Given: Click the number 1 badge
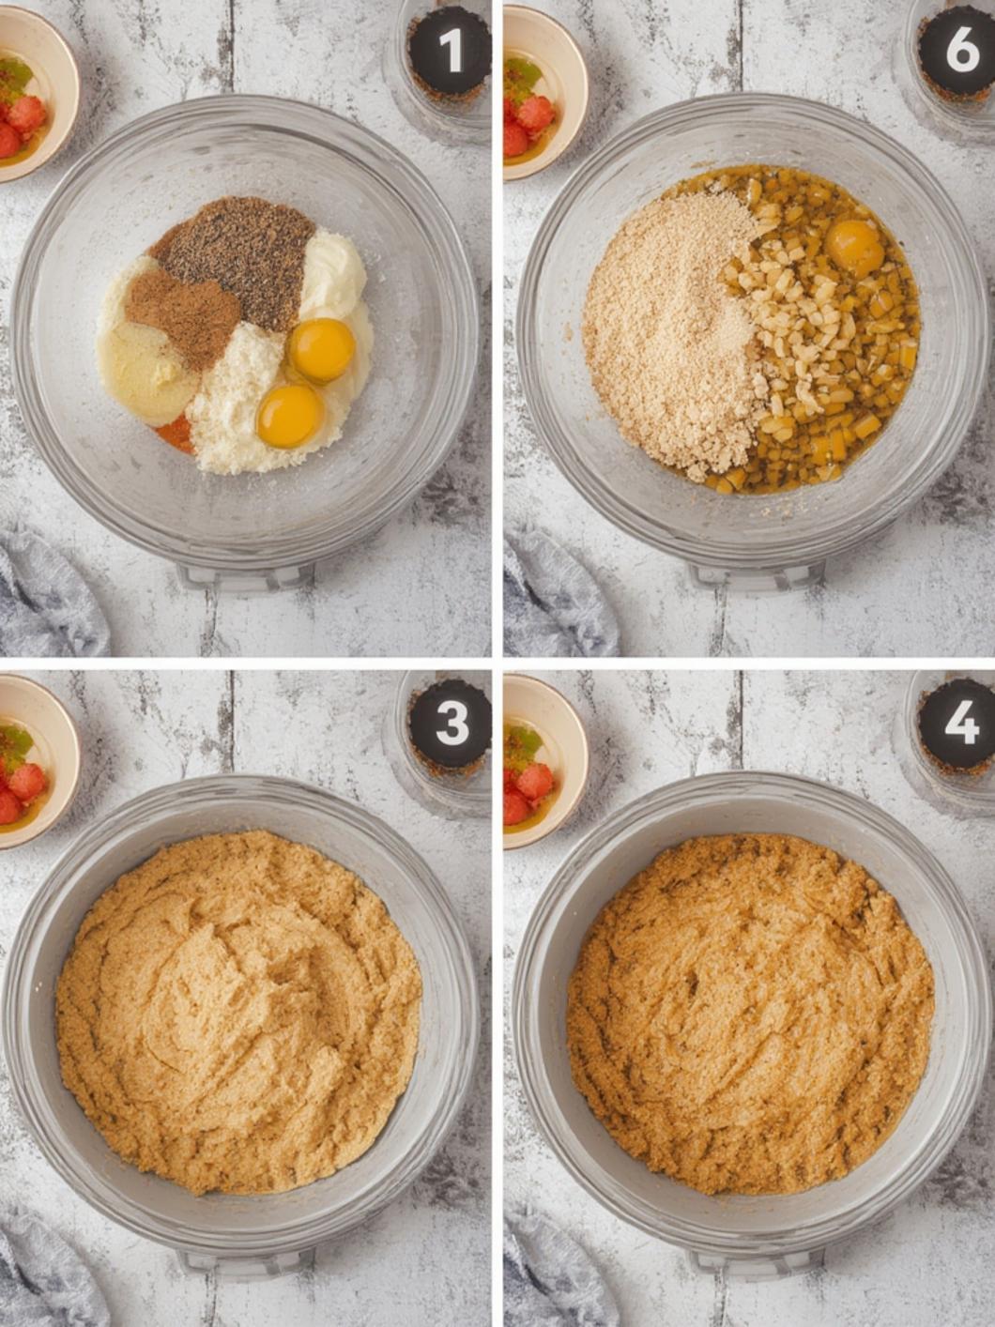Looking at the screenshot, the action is (450, 53).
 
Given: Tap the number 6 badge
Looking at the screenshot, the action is (958, 53).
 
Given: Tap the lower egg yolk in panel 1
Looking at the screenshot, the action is (289, 416).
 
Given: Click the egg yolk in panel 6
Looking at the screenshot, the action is (855, 248).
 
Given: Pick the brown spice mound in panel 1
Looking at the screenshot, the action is (182, 322).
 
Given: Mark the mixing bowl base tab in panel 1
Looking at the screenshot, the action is (247, 576).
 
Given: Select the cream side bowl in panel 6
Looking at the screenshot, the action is (544, 94).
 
